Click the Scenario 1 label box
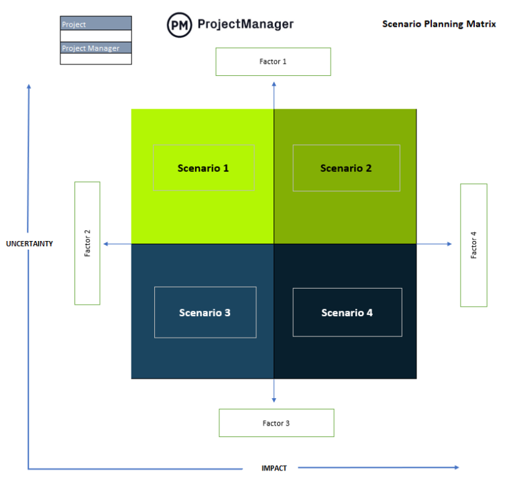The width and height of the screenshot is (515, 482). pos(203,168)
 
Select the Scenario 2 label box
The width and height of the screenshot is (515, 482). pos(346,168)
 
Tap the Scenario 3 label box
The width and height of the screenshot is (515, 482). pos(205,312)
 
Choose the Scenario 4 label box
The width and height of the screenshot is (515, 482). pos(347,312)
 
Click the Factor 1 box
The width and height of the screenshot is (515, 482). pos(273,62)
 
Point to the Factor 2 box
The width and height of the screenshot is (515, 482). pos(87,243)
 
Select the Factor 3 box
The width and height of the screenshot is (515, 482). pos(276,423)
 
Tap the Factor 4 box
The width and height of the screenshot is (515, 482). pos(473,245)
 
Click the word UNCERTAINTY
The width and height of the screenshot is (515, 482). pos(30,244)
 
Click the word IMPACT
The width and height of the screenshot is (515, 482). pos(274,468)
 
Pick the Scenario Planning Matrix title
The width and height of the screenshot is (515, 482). pos(439,24)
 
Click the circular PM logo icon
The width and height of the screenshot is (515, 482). pos(179,24)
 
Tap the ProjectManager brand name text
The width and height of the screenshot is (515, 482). pos(245,24)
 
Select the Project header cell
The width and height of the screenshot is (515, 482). pos(96,24)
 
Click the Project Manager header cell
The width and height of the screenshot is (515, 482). pos(96,48)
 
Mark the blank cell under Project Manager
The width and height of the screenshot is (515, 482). pos(96,59)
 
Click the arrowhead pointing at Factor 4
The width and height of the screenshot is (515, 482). pos(450,244)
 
